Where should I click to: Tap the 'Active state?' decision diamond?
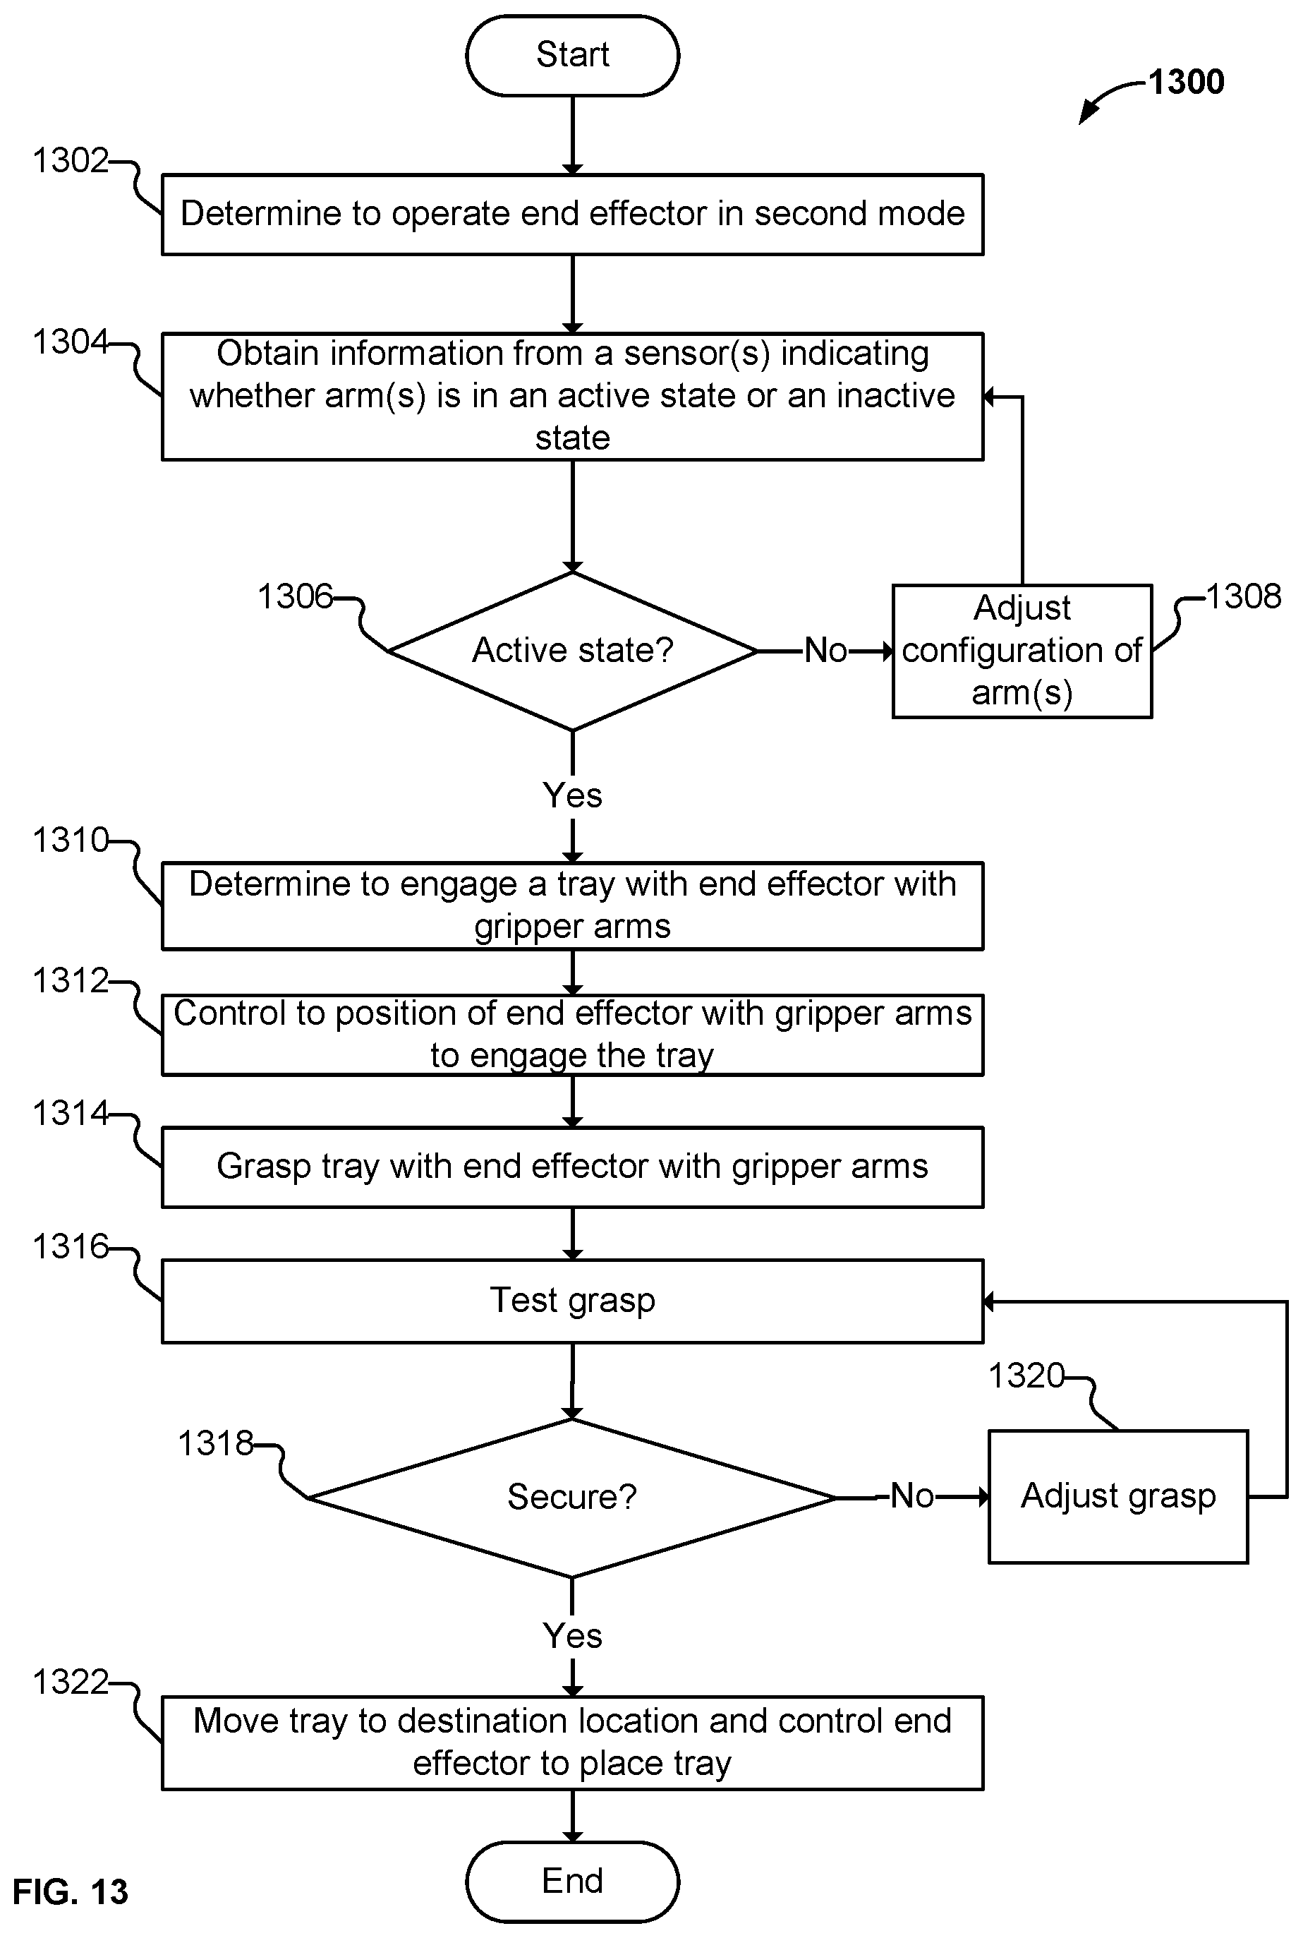tap(573, 651)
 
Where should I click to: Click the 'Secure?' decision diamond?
tap(573, 1498)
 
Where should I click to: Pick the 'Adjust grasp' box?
tap(1117, 1496)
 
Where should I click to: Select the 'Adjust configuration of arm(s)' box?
tap(1022, 651)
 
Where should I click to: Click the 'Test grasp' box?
tap(573, 1301)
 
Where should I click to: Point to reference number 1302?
tap(71, 160)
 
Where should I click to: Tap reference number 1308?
tap(1243, 596)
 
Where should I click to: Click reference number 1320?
tap(1026, 1376)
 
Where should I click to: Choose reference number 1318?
tap(216, 1443)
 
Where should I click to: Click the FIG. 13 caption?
tap(71, 1892)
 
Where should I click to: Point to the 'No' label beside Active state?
tap(826, 650)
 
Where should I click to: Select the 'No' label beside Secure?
tap(912, 1496)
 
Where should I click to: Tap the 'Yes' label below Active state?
tap(573, 795)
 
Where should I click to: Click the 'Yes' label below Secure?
tap(573, 1636)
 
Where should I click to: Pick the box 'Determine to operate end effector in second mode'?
tap(573, 215)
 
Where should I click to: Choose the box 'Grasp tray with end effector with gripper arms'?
tap(573, 1167)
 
